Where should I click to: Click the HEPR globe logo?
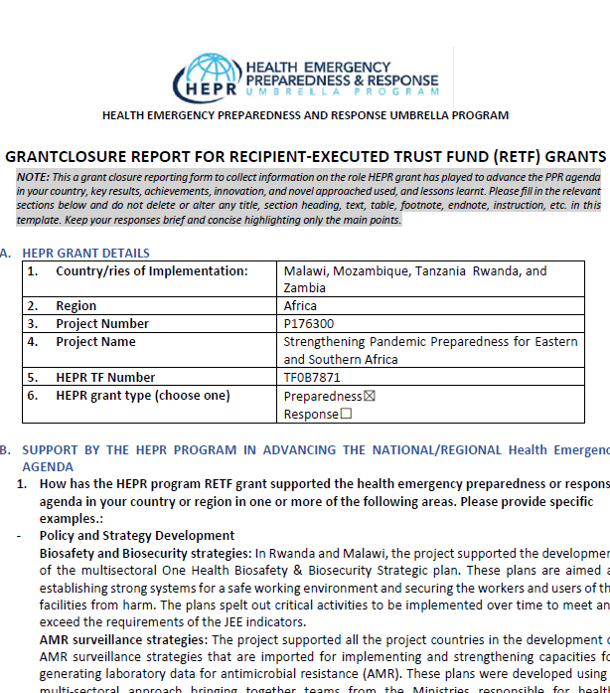[207, 76]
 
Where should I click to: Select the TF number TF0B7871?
[312, 378]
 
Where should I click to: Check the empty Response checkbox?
[346, 415]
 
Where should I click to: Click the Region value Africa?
[300, 306]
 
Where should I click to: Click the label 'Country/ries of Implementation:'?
[151, 271]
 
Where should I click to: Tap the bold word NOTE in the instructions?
[33, 176]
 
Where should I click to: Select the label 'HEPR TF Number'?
[105, 378]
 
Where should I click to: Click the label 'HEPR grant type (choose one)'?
[142, 396]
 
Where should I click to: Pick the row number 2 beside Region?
[33, 306]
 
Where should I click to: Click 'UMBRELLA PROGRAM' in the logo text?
[342, 91]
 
